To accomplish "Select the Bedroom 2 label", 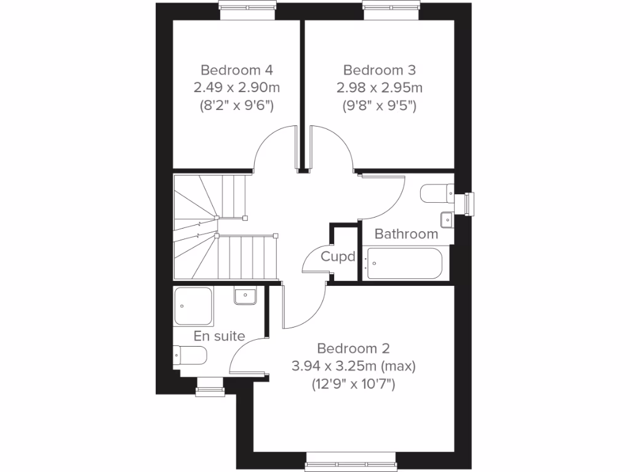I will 354,348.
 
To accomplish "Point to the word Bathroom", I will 406,234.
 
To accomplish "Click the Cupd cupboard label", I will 338,256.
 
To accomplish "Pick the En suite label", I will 220,336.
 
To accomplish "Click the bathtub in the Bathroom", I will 404,264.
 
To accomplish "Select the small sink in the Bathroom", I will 446,218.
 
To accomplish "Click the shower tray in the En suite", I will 194,306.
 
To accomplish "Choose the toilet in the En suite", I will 190,356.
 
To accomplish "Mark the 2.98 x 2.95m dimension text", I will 380,87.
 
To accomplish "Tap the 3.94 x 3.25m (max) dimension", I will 354,367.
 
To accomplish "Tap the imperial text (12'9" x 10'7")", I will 354,385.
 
